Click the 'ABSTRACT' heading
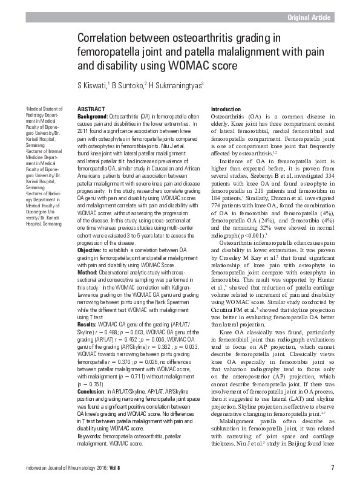point(91,108)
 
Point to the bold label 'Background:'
point(93,115)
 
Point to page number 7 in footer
point(333,468)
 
